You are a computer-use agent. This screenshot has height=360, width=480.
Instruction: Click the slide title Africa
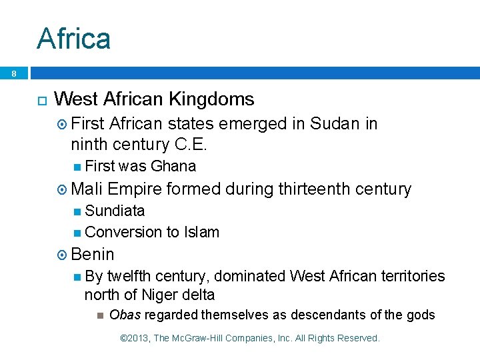[73, 38]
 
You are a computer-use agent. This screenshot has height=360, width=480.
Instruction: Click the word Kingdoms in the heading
[211, 99]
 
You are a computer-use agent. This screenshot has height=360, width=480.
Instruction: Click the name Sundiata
[115, 211]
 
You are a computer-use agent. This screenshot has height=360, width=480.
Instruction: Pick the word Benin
[93, 254]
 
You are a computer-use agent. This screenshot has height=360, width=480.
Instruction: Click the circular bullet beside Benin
[63, 255]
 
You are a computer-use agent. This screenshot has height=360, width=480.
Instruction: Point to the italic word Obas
[125, 315]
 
